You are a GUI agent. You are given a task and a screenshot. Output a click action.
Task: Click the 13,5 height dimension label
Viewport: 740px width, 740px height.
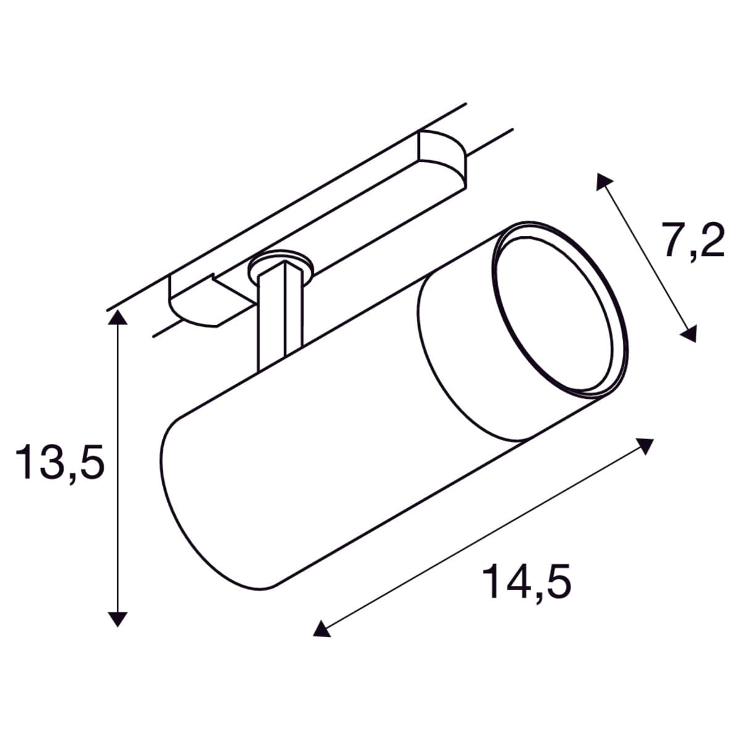60,463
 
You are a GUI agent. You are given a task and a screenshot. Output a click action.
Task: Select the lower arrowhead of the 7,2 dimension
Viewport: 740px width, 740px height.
689,334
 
